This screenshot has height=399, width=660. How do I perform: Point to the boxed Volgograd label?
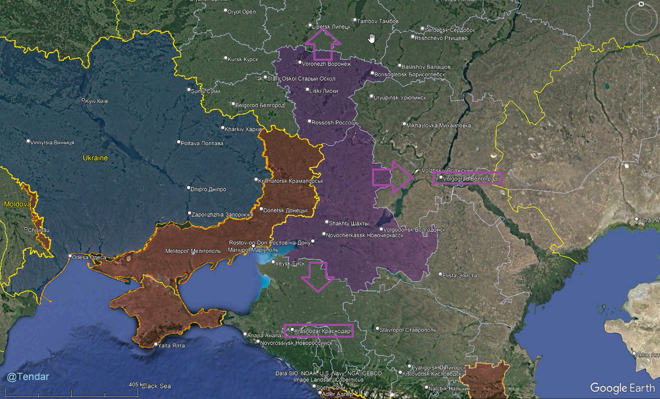[468, 178]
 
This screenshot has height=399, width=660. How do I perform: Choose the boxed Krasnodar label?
[318, 331]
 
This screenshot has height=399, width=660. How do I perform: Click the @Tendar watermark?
[28, 376]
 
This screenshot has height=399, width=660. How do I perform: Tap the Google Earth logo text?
[621, 387]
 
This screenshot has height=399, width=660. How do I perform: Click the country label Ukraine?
[95, 158]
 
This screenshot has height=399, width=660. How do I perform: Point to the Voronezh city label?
[321, 64]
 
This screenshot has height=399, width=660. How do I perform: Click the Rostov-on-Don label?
[270, 242]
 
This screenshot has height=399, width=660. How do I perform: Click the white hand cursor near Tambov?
[372, 38]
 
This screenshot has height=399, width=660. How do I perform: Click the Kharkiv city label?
[243, 129]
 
